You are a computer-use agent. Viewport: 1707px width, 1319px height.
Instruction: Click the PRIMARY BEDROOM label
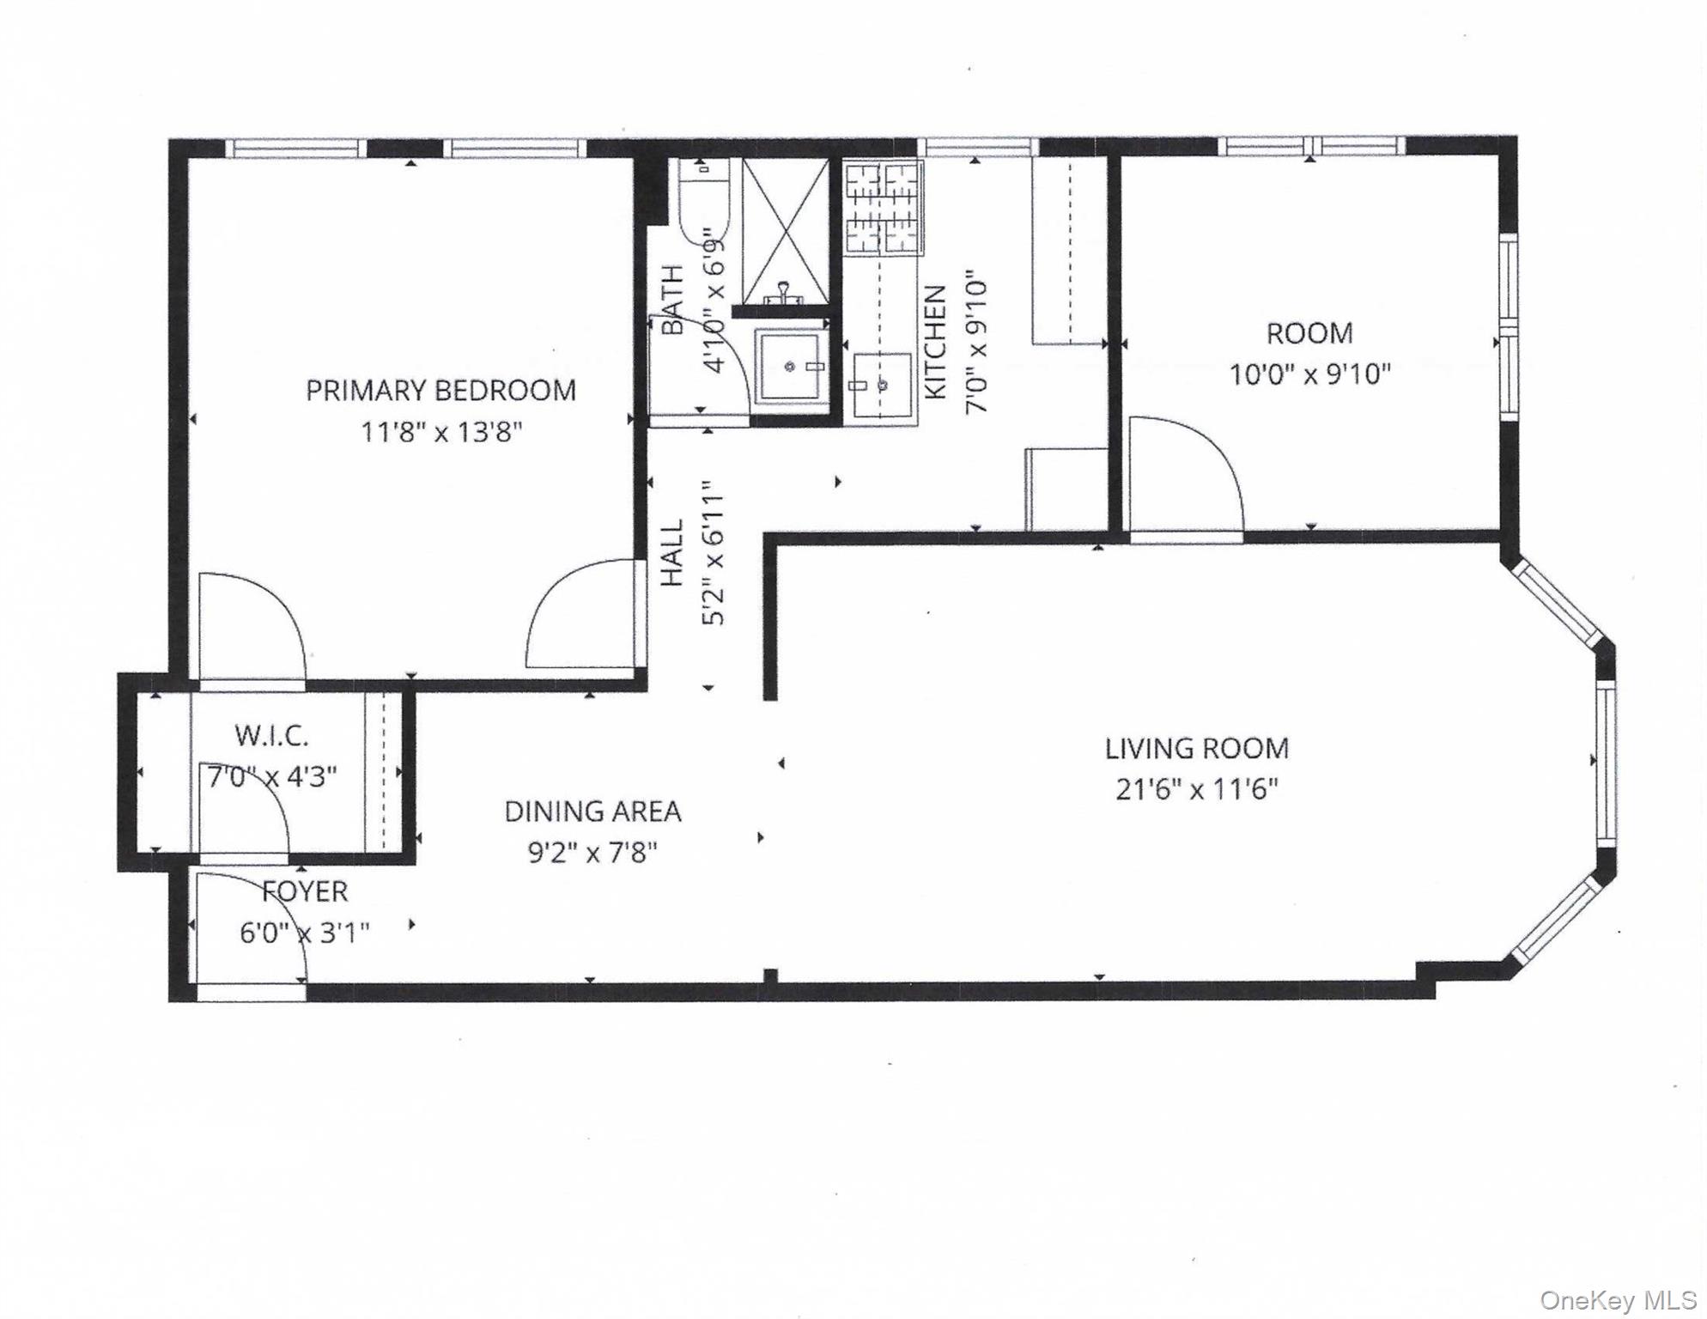pyautogui.click(x=440, y=391)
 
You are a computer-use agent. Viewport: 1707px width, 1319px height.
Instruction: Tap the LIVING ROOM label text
pyautogui.click(x=1196, y=749)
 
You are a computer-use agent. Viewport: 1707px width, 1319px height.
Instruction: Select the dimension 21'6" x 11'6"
pyautogui.click(x=1196, y=789)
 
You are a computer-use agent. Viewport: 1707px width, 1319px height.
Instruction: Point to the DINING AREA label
pyautogui.click(x=592, y=811)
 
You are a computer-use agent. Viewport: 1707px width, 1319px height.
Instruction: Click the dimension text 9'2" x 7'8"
pyautogui.click(x=592, y=853)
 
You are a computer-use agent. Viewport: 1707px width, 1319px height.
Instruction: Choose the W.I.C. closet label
pyautogui.click(x=271, y=736)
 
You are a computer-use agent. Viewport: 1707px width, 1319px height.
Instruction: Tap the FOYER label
pyautogui.click(x=305, y=891)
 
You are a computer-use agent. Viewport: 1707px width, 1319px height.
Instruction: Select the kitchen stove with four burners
pyautogui.click(x=882, y=209)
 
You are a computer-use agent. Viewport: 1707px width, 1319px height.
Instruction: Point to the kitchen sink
pyautogui.click(x=881, y=385)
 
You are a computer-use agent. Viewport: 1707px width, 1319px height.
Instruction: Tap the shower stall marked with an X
pyautogui.click(x=785, y=231)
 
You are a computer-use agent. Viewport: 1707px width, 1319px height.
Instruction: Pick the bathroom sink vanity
pyautogui.click(x=790, y=367)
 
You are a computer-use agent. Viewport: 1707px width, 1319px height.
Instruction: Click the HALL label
pyautogui.click(x=671, y=553)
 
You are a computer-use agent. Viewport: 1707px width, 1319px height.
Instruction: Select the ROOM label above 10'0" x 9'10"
pyautogui.click(x=1309, y=333)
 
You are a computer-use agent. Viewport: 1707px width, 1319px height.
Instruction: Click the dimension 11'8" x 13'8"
pyautogui.click(x=440, y=432)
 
